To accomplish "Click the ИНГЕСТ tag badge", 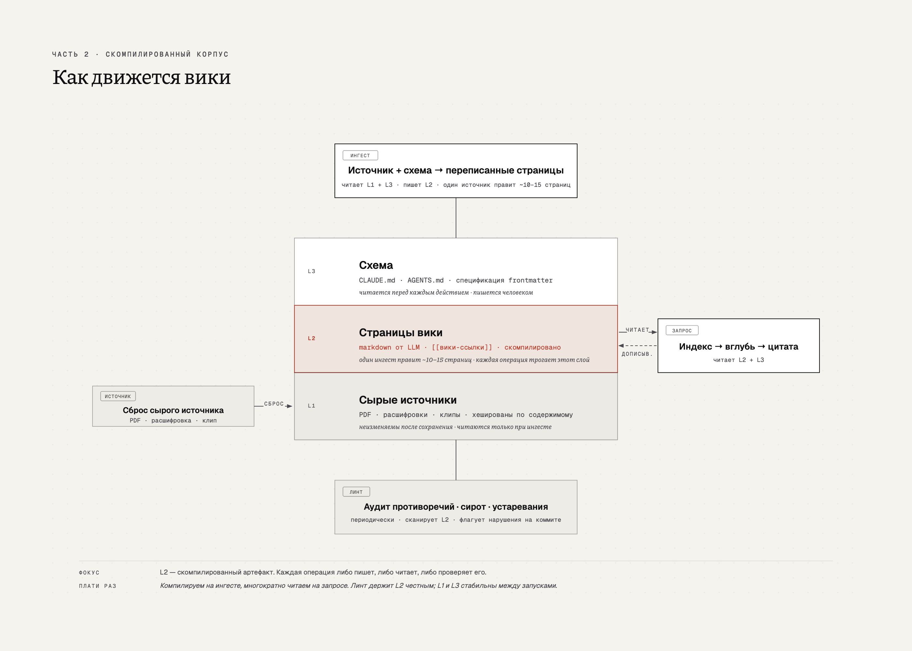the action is coord(360,156).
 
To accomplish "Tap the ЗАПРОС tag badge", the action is coord(682,330).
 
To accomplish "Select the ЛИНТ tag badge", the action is coord(356,492).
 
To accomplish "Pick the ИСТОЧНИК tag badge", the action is coord(118,396).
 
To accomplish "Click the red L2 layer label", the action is coord(312,338).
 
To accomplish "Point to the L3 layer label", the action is coord(312,271).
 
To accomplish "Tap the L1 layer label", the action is coord(312,406).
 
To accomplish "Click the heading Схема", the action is coord(376,265).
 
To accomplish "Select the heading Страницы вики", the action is coord(401,332).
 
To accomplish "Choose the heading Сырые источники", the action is coord(408,400).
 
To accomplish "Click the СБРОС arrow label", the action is coord(274,404).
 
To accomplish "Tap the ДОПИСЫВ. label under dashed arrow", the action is coord(637,353).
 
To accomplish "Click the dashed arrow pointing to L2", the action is coord(638,346).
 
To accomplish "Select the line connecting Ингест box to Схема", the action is coord(456,218).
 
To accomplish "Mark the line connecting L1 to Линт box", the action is coord(456,460).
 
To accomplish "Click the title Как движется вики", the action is coord(142,77).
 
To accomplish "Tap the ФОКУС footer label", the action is coord(89,573).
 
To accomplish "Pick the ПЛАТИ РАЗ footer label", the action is coord(97,586).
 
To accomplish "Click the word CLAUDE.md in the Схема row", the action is coord(377,280).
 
